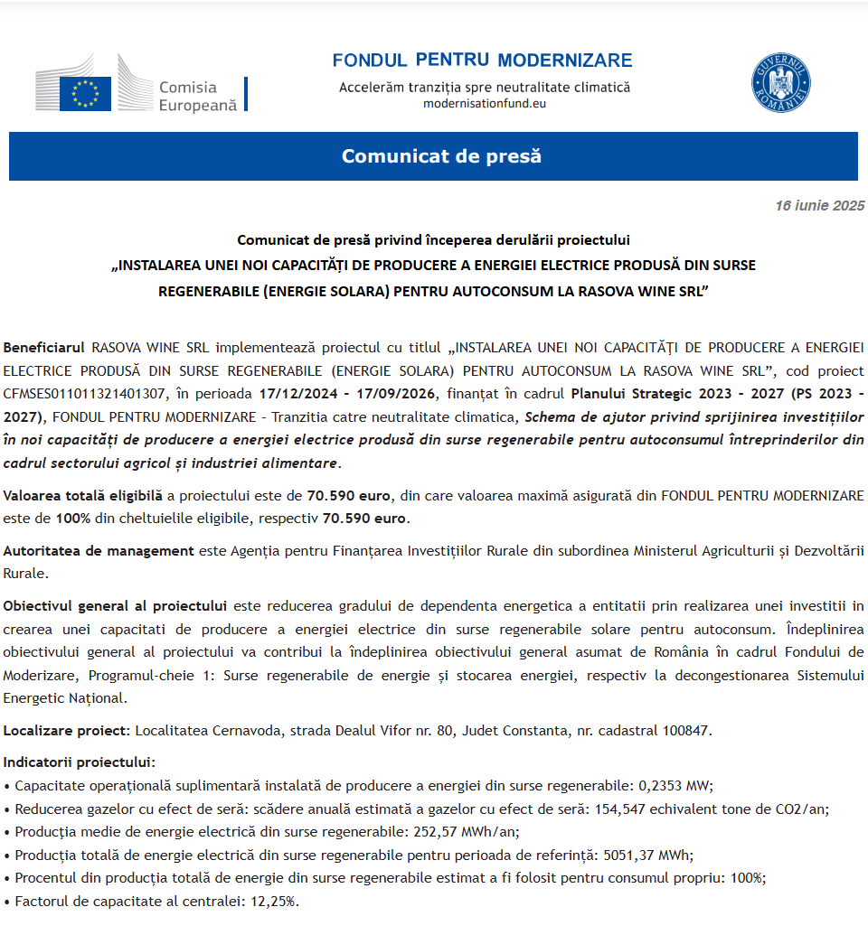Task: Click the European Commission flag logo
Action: [85, 93]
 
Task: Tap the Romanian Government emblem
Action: [781, 83]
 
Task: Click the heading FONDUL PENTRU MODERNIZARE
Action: [482, 61]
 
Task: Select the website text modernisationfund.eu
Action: [485, 103]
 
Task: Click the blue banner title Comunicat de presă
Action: [441, 156]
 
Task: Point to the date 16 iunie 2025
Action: [819, 206]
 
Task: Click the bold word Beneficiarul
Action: [44, 347]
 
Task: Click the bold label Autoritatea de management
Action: [99, 550]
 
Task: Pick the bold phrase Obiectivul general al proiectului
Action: [115, 604]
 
